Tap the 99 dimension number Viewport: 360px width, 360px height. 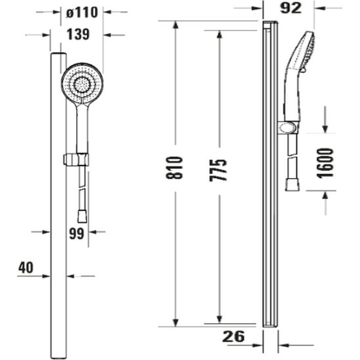[77, 233]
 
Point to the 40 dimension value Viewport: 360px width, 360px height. [26, 267]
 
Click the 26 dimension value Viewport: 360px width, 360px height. [233, 336]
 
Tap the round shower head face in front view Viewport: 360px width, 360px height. [83, 83]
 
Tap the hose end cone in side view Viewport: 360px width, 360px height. [293, 185]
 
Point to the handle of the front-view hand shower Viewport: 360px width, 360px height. [81, 128]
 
